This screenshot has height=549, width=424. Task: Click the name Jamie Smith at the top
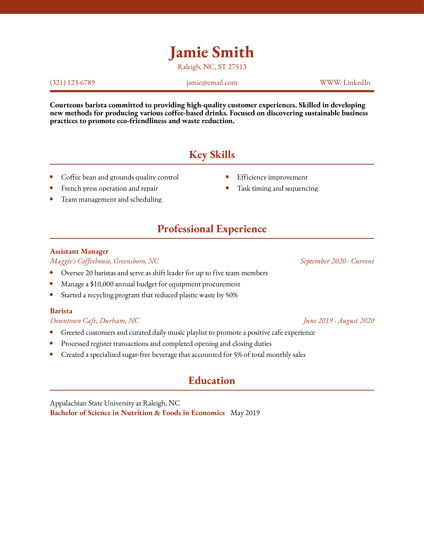point(212,53)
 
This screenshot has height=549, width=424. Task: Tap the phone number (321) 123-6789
point(72,83)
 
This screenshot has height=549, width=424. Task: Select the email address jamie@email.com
point(212,83)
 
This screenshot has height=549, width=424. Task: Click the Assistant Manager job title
point(79,251)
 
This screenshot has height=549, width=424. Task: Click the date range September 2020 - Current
point(337,261)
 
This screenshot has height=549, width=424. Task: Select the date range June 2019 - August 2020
point(339,321)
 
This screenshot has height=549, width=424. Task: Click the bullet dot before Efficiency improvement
point(227,177)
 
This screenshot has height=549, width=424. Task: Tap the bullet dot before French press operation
point(51,188)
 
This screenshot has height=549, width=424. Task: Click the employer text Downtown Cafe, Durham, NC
point(94,321)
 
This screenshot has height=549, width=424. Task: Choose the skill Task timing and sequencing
point(277,188)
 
